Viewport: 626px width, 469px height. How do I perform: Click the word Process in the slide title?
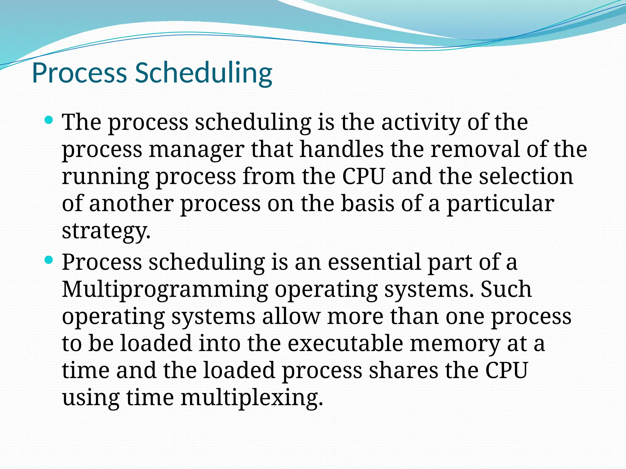click(x=79, y=73)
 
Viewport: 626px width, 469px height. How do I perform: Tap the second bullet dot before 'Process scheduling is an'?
click(x=49, y=260)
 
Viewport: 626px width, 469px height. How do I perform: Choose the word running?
click(x=105, y=177)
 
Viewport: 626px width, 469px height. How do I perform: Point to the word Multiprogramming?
click(x=165, y=290)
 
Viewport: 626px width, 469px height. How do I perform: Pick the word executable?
click(x=345, y=343)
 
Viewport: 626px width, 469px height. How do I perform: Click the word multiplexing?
click(x=252, y=398)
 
